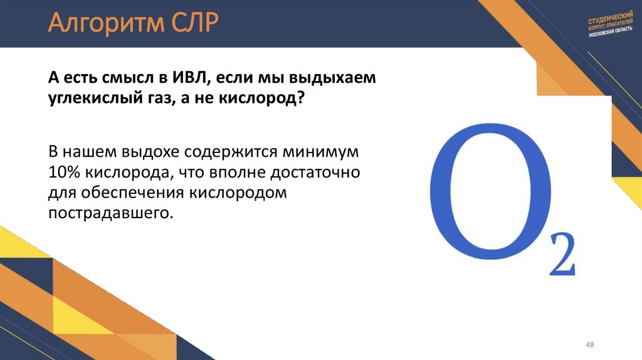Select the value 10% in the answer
coord(65,172)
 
